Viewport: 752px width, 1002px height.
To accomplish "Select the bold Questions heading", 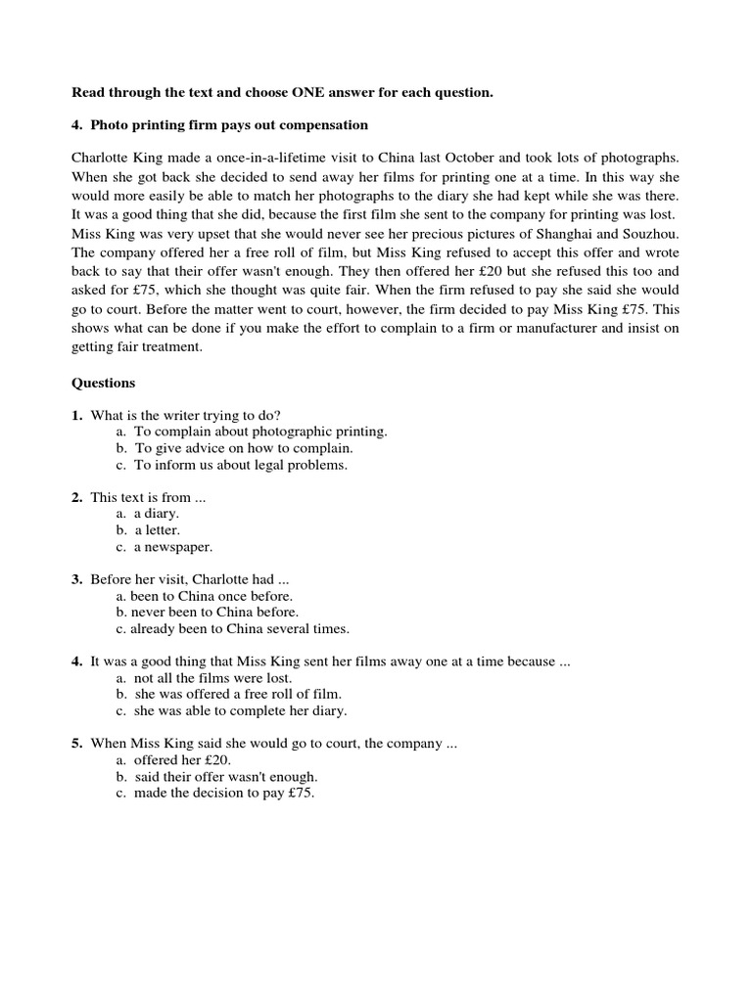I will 104,383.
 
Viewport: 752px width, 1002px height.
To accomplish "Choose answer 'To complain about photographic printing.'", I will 260,432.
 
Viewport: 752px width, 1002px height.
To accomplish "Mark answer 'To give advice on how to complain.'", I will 243,448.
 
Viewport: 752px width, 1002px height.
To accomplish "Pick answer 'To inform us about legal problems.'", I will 240,465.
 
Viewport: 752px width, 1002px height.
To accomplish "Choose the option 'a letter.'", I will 157,530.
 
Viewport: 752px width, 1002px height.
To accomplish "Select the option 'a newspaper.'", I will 172,547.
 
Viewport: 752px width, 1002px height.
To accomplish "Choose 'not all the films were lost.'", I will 212,678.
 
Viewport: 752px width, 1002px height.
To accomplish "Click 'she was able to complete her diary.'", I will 240,710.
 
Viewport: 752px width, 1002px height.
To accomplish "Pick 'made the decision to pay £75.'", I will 224,794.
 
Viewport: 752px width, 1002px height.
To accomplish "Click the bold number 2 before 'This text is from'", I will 76,497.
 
